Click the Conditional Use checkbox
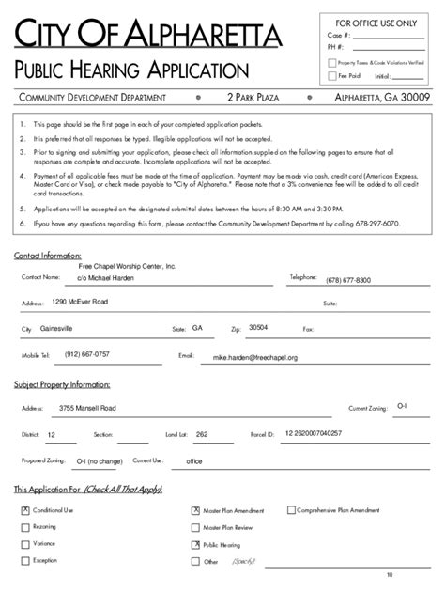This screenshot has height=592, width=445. click(x=25, y=510)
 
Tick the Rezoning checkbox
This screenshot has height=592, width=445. click(x=25, y=527)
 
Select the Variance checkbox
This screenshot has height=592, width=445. click(x=25, y=544)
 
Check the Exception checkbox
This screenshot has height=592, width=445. click(x=25, y=561)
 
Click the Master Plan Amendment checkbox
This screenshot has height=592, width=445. click(x=195, y=510)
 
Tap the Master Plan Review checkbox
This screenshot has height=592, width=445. click(x=195, y=527)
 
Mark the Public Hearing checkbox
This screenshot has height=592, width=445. click(x=195, y=544)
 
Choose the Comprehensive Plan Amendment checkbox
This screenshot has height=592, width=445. click(x=289, y=510)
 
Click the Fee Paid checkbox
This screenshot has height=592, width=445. click(x=331, y=75)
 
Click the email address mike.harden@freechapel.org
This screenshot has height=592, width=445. click(x=254, y=358)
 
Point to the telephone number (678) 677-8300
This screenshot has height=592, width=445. click(x=348, y=280)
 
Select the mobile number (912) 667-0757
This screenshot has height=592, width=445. click(x=87, y=354)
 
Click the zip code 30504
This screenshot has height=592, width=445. click(x=257, y=327)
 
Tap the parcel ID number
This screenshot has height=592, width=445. click(x=314, y=433)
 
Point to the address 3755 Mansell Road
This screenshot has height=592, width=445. click(x=87, y=409)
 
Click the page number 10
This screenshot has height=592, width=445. click(x=390, y=574)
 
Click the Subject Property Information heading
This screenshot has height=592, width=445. click(x=62, y=384)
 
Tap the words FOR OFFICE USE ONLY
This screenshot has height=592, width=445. click(x=376, y=22)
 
